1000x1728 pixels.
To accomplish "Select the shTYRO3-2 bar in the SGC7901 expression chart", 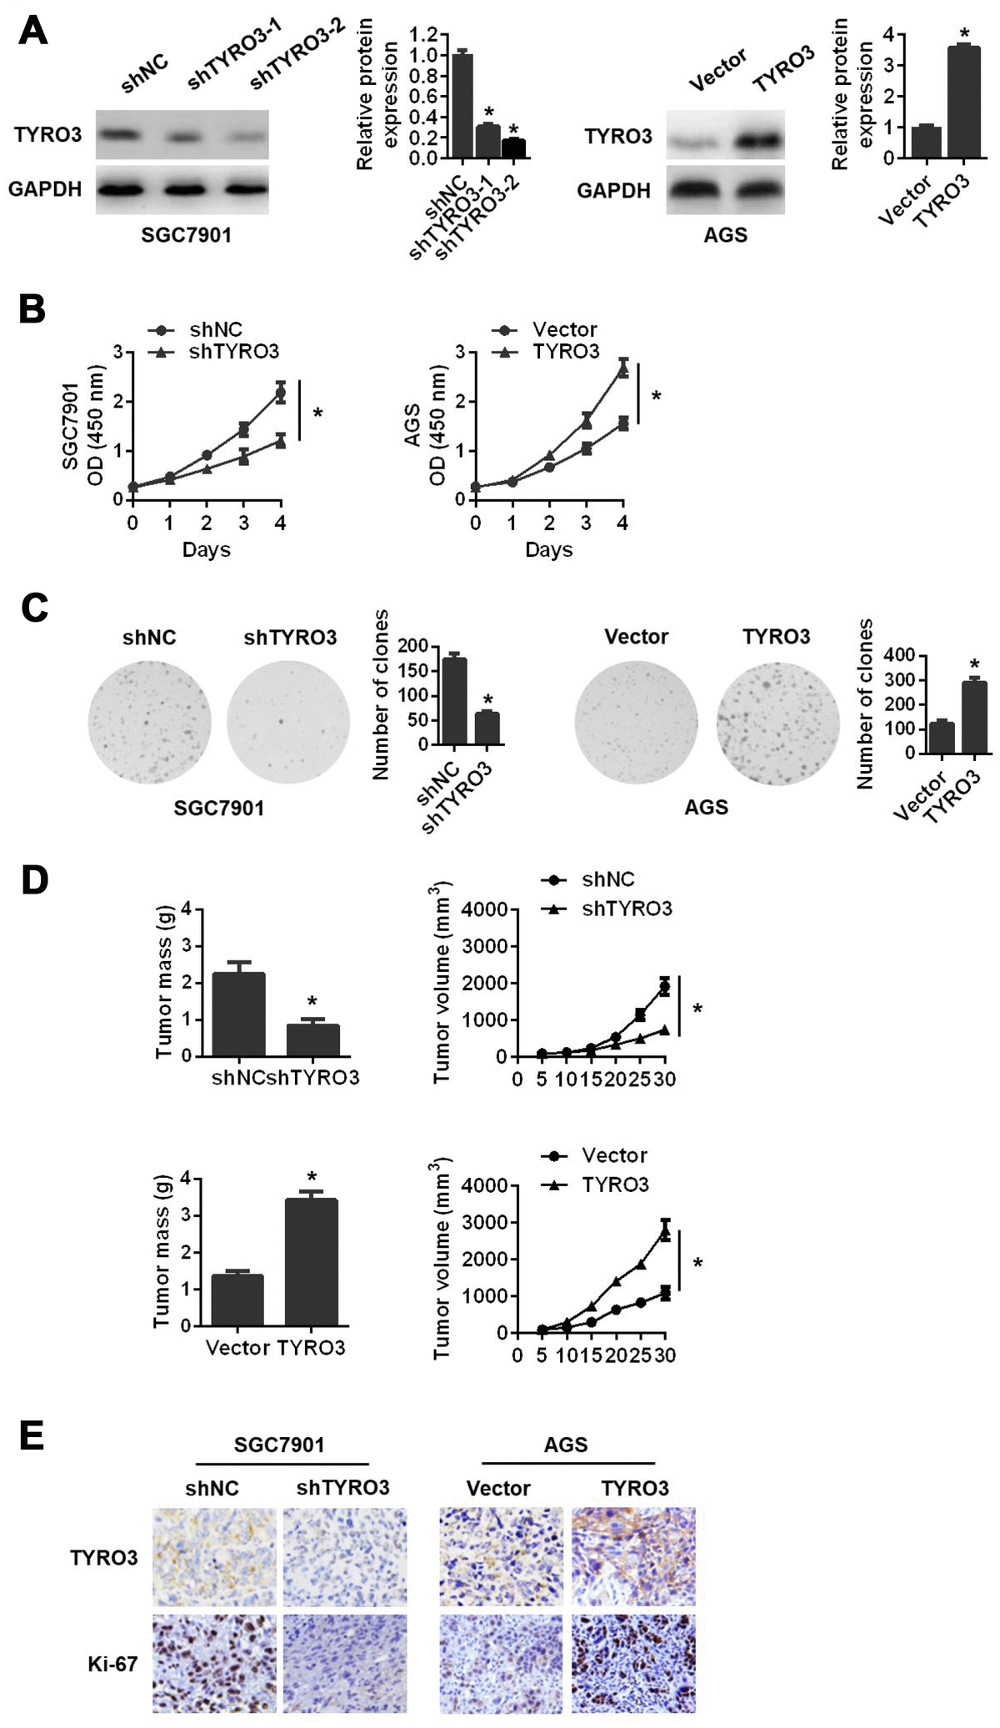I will click(513, 148).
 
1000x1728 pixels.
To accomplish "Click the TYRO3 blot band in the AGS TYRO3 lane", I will click(757, 141).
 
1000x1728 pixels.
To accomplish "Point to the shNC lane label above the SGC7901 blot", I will click(144, 74).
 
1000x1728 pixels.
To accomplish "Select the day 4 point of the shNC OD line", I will click(280, 392).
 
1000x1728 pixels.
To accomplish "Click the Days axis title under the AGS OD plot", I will click(548, 550).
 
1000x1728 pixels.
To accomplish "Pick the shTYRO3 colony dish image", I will click(288, 722).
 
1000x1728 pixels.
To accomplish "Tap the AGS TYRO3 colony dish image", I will click(777, 722).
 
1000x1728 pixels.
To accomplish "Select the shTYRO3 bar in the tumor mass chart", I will click(312, 1039).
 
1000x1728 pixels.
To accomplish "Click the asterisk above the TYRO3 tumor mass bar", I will click(312, 1177).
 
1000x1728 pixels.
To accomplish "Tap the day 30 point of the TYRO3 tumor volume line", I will click(665, 1232).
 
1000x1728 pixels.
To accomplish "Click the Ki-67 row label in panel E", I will click(112, 1665).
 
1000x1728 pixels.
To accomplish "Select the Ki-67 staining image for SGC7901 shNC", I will click(214, 1664).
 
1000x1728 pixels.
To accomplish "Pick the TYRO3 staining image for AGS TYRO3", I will click(633, 1556).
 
